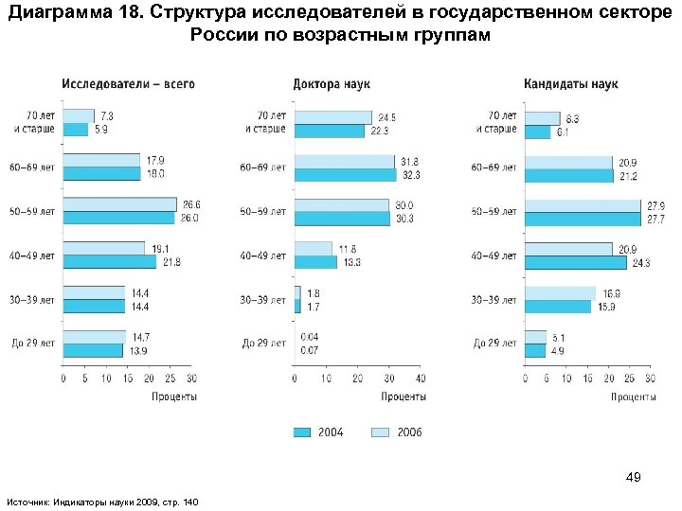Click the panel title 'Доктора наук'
(331, 84)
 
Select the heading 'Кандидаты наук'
(570, 84)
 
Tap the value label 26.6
(191, 204)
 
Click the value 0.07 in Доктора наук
(310, 350)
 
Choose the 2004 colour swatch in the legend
(301, 432)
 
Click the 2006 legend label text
(409, 432)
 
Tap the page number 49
(634, 478)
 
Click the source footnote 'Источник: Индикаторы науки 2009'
(102, 500)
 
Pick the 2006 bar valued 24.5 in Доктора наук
(332, 116)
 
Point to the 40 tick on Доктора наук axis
(420, 379)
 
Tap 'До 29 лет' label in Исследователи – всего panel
(33, 344)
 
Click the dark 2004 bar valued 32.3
(345, 175)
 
